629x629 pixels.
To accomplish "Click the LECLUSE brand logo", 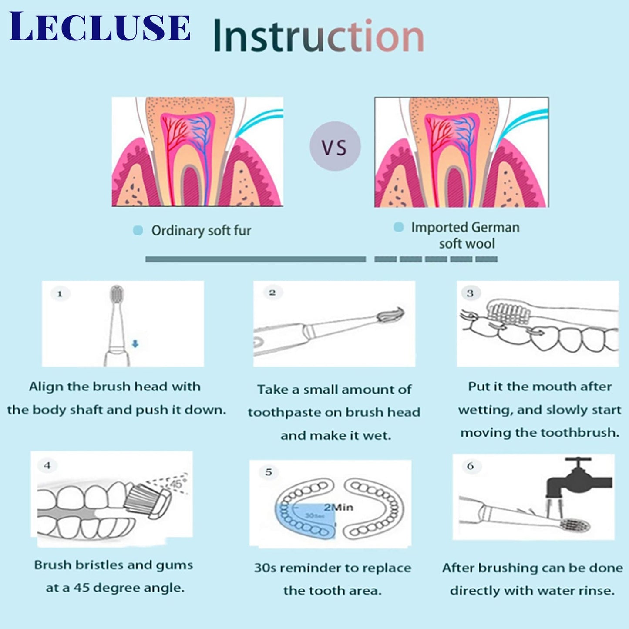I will (100, 27).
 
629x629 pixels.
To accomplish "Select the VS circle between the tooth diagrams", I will (335, 147).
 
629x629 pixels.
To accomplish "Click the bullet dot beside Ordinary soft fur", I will (138, 230).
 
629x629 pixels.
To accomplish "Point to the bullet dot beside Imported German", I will (398, 227).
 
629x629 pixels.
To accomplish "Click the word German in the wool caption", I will (495, 227).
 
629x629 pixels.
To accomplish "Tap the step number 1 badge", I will (60, 294).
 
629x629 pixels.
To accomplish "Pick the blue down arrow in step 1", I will (135, 344).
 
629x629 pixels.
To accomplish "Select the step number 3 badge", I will (470, 293).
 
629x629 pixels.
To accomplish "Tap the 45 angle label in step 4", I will (177, 484).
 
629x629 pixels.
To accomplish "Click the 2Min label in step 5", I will (338, 507).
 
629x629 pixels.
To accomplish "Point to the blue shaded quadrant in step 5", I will (305, 520).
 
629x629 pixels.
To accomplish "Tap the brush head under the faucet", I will (575, 525).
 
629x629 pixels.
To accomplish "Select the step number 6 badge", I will (471, 466).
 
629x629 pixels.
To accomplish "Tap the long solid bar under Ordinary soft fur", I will (256, 259).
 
